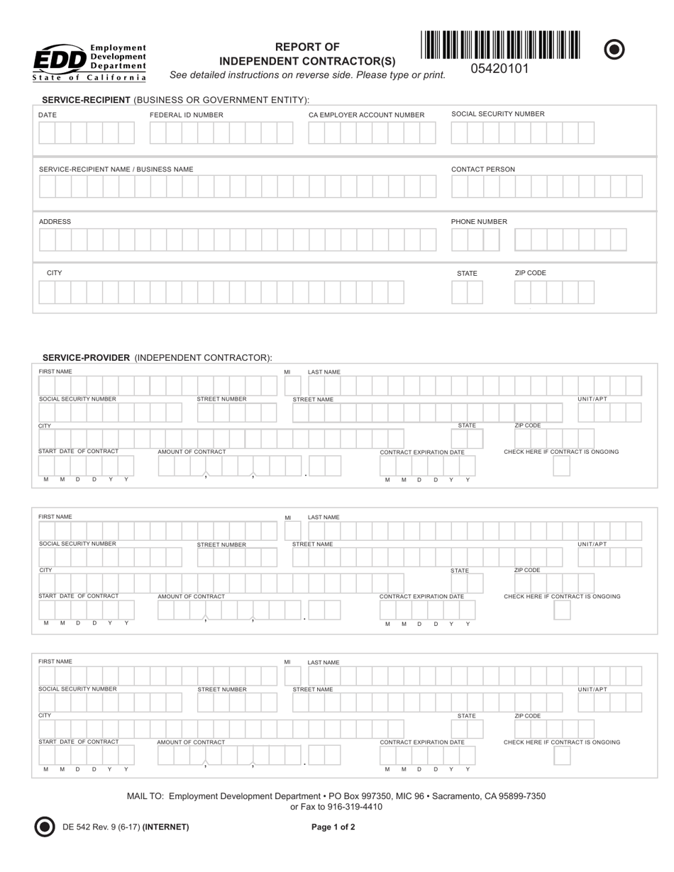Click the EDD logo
pyautogui.click(x=89, y=62)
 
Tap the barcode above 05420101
pyautogui.click(x=500, y=45)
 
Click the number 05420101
pyautogui.click(x=500, y=69)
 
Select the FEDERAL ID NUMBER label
pyautogui.click(x=186, y=115)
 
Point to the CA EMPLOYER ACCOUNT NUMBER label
pyautogui.click(x=366, y=115)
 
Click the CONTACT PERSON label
pyautogui.click(x=483, y=169)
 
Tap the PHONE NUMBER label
pyautogui.click(x=479, y=222)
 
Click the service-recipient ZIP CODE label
pyautogui.click(x=530, y=273)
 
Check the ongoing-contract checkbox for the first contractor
pyautogui.click(x=561, y=466)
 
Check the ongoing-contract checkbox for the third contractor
pyautogui.click(x=562, y=756)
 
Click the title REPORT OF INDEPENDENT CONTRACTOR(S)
pyautogui.click(x=307, y=54)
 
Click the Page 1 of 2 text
pyautogui.click(x=333, y=827)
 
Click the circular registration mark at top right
pyautogui.click(x=614, y=49)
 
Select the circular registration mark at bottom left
pyautogui.click(x=45, y=827)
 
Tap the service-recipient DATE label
pyautogui.click(x=48, y=115)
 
